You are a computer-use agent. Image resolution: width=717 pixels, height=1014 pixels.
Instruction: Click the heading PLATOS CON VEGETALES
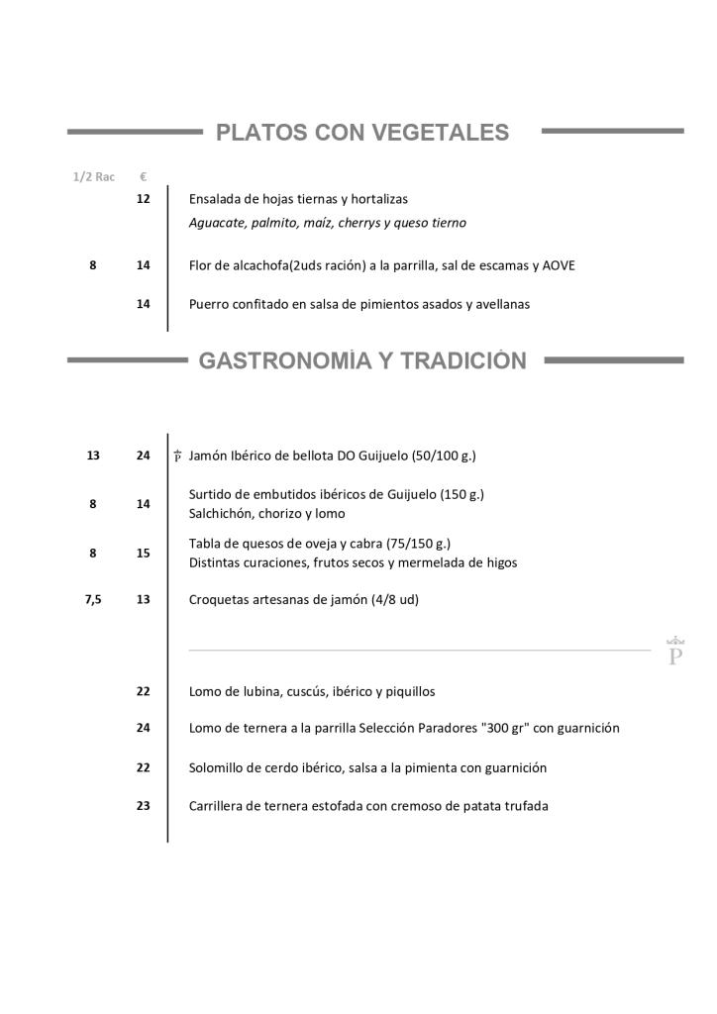[x=362, y=133]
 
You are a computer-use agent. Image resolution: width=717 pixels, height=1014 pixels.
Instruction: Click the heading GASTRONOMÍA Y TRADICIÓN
[x=362, y=361]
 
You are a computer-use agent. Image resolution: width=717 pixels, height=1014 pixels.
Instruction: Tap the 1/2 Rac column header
[x=93, y=177]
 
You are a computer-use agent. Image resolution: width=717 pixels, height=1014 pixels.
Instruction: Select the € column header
[x=144, y=177]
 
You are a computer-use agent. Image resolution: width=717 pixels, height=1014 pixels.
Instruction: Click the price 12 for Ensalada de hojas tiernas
[x=144, y=199]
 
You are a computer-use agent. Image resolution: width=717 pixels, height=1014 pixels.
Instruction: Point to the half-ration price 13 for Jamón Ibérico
[x=93, y=456]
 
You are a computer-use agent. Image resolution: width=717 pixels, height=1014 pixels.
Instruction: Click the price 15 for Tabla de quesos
[x=144, y=554]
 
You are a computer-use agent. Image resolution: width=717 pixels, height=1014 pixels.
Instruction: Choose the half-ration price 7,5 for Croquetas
[x=93, y=599]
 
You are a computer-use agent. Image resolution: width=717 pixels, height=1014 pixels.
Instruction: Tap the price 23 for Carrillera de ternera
[x=144, y=806]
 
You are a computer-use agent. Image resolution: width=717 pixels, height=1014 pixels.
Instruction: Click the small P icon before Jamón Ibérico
[x=177, y=456]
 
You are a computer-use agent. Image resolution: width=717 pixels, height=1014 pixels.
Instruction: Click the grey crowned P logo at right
[x=676, y=651]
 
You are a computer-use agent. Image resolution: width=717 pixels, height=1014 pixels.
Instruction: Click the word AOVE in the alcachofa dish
[x=559, y=265]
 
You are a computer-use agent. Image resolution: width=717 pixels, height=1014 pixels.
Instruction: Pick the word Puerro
[x=209, y=304]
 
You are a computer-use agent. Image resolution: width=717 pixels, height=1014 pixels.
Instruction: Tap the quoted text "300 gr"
[x=507, y=728]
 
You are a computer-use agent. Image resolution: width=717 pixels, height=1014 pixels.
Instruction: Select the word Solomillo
[x=218, y=767]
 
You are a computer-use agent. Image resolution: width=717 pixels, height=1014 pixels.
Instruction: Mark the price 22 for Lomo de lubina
[x=144, y=691]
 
